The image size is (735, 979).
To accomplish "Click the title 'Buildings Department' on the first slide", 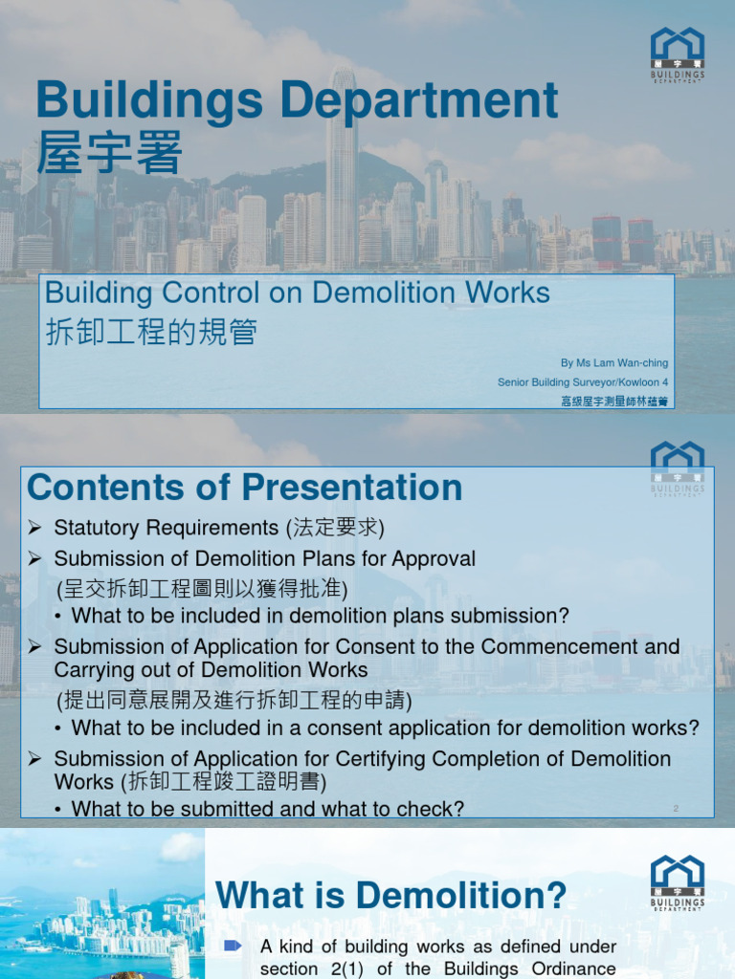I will click(297, 101).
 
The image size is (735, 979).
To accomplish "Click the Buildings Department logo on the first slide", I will click(678, 54).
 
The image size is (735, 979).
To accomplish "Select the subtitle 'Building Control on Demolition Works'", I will click(298, 294).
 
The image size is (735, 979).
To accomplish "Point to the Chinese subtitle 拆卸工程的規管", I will click(151, 332).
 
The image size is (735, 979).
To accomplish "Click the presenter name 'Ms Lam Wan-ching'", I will click(614, 363).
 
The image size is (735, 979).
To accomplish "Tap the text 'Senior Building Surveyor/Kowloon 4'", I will click(583, 382).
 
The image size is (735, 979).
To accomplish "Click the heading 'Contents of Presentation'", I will click(245, 488).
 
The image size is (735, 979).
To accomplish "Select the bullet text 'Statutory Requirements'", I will click(166, 528).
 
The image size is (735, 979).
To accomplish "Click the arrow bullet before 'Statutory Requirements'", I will click(35, 528).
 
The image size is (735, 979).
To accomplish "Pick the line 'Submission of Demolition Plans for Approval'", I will click(264, 558).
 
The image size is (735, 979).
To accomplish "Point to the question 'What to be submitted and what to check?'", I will click(268, 809).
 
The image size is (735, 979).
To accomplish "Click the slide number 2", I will click(676, 809).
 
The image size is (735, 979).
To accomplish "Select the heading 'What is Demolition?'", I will click(390, 897).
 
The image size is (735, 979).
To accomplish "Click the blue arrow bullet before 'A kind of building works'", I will click(233, 946).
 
